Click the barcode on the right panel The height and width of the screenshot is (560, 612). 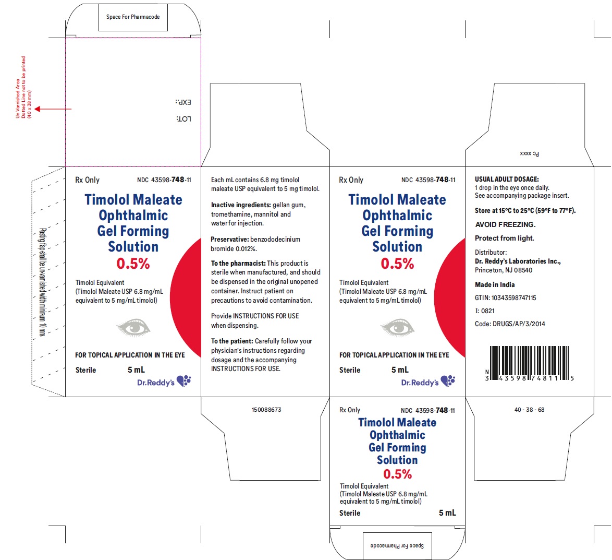click(x=529, y=363)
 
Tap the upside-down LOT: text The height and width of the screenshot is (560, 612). click(x=184, y=119)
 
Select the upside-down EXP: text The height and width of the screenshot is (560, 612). click(x=183, y=102)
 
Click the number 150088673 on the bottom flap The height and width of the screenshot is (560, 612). click(x=266, y=410)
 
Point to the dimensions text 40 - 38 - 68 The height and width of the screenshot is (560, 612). click(x=529, y=410)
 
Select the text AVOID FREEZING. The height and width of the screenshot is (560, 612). click(x=505, y=224)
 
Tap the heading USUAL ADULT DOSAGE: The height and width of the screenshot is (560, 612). click(x=507, y=179)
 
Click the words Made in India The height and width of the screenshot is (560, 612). click(x=495, y=284)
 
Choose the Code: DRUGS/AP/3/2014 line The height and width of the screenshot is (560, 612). click(x=510, y=324)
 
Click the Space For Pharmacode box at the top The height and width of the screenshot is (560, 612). click(x=133, y=17)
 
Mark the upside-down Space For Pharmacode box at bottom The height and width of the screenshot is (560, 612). click(x=397, y=545)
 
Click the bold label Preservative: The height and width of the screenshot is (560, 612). click(x=229, y=239)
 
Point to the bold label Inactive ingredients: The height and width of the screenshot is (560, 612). click(x=241, y=205)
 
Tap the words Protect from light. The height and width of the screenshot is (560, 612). click(x=504, y=238)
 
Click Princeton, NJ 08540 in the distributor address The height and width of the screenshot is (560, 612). click(x=504, y=270)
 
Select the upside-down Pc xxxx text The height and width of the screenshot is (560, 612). click(x=529, y=153)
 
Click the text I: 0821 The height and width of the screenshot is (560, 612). click(x=485, y=311)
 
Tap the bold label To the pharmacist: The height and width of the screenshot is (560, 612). click(x=238, y=264)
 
